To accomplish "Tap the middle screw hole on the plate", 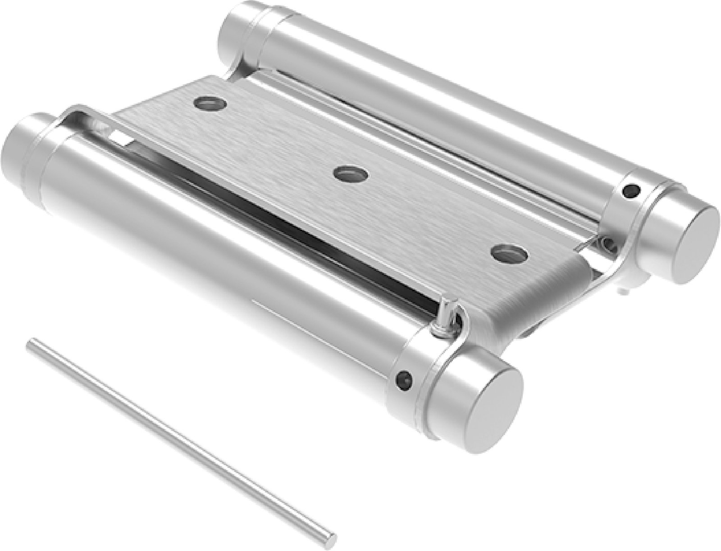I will [351, 173].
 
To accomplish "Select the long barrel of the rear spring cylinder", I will [451, 99].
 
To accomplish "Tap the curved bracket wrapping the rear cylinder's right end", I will [631, 234].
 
